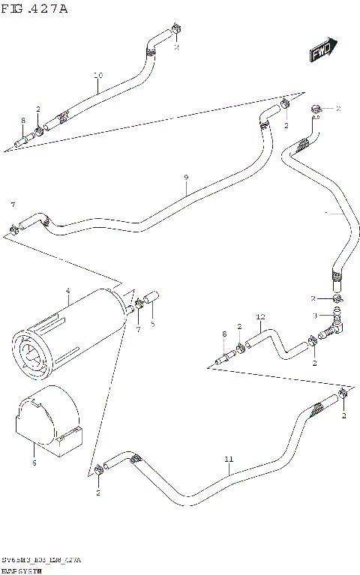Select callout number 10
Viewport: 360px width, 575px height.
[x=98, y=75]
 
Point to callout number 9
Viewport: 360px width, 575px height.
[x=185, y=178]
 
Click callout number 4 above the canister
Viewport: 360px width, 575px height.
[x=67, y=290]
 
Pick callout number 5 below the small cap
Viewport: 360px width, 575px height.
[x=152, y=324]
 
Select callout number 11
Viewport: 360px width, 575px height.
[x=229, y=459]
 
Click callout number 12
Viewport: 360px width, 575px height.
[x=260, y=316]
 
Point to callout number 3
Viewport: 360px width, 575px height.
[x=316, y=315]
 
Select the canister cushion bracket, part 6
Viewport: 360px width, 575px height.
[x=49, y=424]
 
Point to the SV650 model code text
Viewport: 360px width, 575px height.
[x=41, y=560]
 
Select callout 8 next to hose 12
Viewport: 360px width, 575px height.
[x=223, y=334]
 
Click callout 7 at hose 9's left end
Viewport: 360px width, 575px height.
[x=12, y=205]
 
